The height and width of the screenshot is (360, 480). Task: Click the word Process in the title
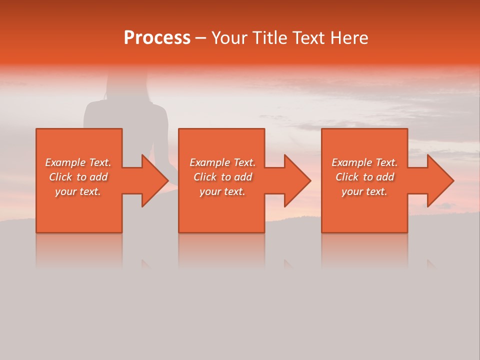click(157, 38)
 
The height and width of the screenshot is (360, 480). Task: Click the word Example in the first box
click(65, 162)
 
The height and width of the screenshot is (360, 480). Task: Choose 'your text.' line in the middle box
click(222, 191)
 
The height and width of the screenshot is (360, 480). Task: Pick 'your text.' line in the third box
click(364, 191)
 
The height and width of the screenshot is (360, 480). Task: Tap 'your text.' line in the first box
click(78, 191)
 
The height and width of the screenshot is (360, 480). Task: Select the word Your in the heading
click(228, 38)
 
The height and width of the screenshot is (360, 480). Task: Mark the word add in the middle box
click(243, 177)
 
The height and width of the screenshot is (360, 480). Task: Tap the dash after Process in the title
click(201, 38)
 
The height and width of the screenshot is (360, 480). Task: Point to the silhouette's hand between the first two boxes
click(172, 170)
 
